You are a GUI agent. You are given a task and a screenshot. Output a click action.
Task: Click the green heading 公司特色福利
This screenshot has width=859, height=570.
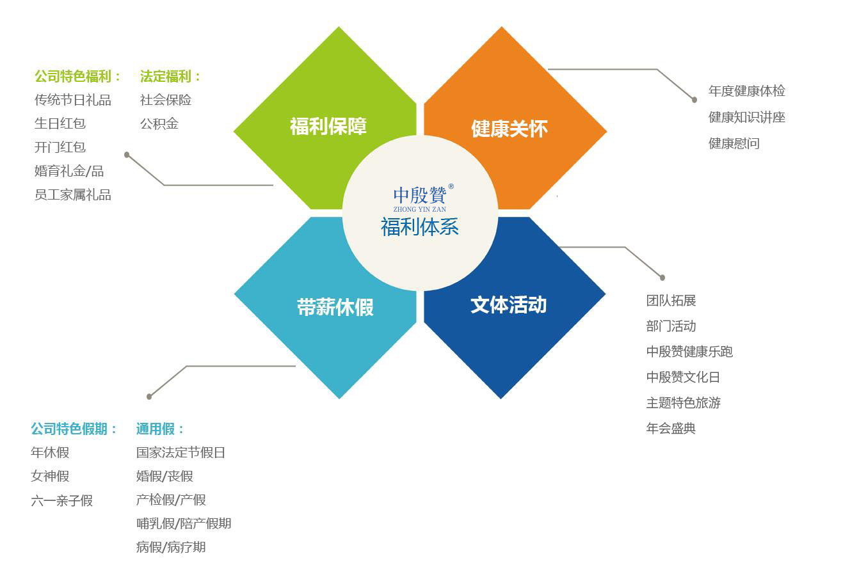coord(73,76)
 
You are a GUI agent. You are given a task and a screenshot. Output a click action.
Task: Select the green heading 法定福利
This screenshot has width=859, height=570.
coord(166,76)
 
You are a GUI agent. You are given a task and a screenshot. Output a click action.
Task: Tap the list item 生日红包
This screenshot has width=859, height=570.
coord(60,123)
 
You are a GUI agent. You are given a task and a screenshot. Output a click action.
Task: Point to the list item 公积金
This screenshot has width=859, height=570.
coord(159,123)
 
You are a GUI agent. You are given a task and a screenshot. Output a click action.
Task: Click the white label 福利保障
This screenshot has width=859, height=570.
coord(328,126)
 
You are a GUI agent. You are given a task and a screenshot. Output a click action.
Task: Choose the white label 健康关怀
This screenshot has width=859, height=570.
coord(510,129)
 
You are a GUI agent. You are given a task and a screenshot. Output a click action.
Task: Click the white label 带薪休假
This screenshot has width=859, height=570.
coord(335,307)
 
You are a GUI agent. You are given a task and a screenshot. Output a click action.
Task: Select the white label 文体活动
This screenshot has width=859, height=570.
coord(508,305)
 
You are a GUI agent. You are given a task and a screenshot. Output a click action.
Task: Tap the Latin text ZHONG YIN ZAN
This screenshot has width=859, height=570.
coord(419,209)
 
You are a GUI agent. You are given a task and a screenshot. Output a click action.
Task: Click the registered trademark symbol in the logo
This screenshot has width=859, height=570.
coord(451,186)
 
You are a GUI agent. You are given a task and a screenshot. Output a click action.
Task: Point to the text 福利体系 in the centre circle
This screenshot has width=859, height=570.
coord(419,226)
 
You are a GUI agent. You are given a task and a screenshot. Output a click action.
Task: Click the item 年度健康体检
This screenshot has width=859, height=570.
coord(746,91)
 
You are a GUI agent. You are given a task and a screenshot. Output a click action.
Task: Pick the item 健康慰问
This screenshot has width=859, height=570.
coord(734,143)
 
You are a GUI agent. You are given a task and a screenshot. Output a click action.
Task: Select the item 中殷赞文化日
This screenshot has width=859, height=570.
coord(683,377)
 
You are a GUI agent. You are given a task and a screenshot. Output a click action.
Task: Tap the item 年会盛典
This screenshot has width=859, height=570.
coord(671,428)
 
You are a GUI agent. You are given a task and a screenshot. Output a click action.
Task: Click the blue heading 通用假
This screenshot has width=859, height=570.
coord(156,429)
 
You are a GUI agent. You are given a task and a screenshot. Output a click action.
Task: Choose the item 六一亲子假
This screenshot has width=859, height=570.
coord(61,500)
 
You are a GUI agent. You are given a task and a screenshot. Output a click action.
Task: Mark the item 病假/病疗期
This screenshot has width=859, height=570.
coord(171,547)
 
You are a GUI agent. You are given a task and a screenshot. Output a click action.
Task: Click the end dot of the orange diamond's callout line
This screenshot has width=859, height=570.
coord(694,100)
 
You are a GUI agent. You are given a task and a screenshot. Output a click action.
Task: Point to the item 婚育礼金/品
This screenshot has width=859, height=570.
coord(69,171)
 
